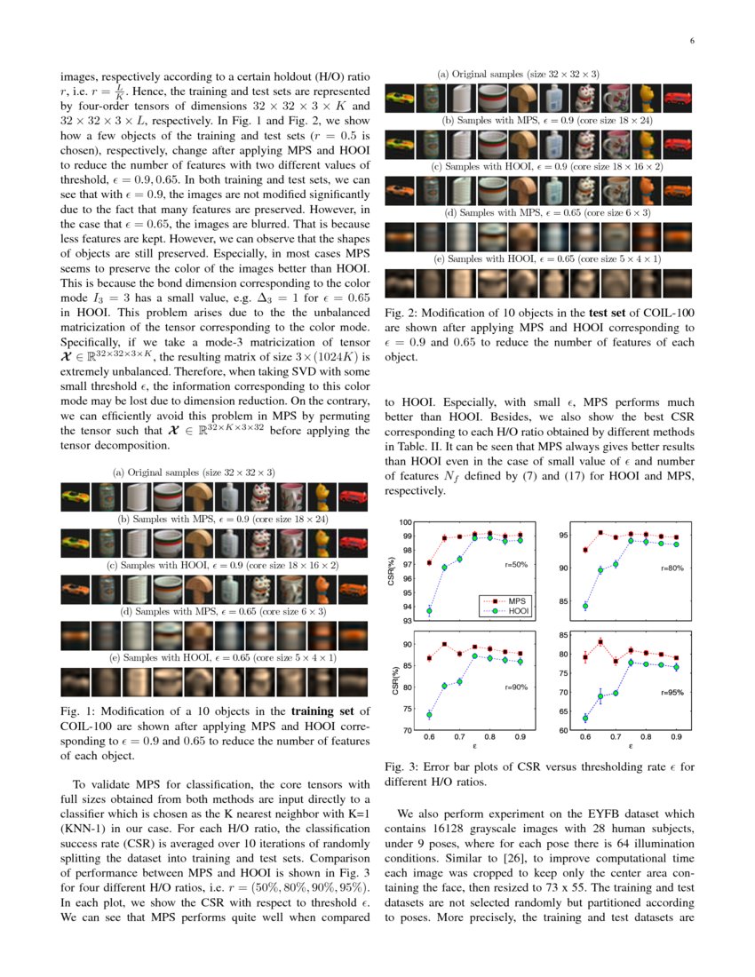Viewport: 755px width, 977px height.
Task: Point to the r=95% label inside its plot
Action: point(672,691)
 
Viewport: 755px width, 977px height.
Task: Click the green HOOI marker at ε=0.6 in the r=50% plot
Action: point(429,611)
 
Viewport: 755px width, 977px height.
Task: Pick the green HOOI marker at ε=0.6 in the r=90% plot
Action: point(429,715)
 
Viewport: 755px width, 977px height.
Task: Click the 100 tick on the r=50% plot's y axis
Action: point(405,522)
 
